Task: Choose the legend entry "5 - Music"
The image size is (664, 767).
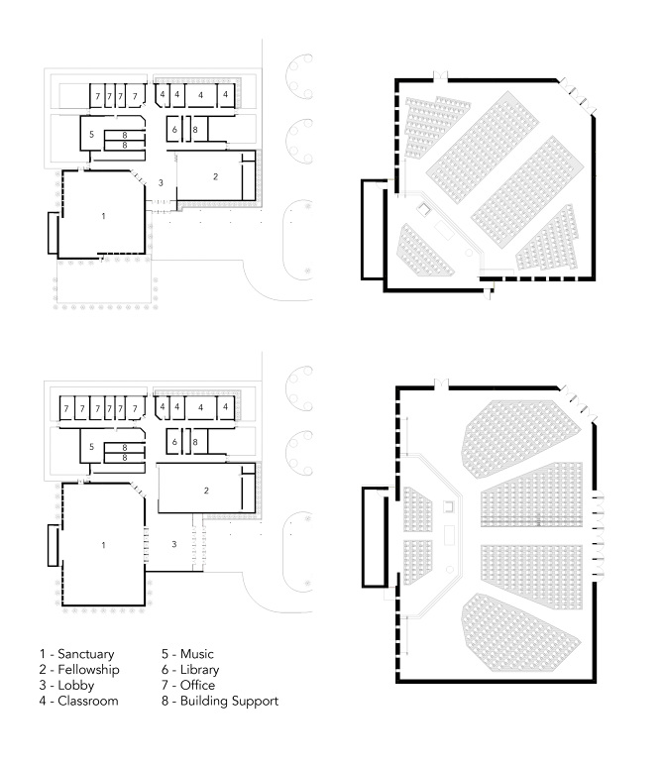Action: (187, 654)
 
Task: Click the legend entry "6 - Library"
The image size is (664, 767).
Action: (191, 670)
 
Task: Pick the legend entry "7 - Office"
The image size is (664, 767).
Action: (188, 686)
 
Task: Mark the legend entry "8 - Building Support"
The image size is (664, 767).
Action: (219, 702)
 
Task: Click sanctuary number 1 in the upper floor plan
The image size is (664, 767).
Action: (103, 215)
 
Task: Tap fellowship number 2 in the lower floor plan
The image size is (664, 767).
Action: (206, 491)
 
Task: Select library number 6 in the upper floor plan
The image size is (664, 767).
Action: (174, 130)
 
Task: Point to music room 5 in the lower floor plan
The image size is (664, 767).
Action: (91, 446)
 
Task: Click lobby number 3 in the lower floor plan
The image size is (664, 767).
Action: (174, 544)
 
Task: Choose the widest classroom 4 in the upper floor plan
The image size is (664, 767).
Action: (201, 94)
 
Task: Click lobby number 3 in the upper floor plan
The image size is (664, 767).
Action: (161, 184)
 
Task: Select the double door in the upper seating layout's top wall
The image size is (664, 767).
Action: (442, 74)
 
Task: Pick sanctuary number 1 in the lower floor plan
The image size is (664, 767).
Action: (103, 544)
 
